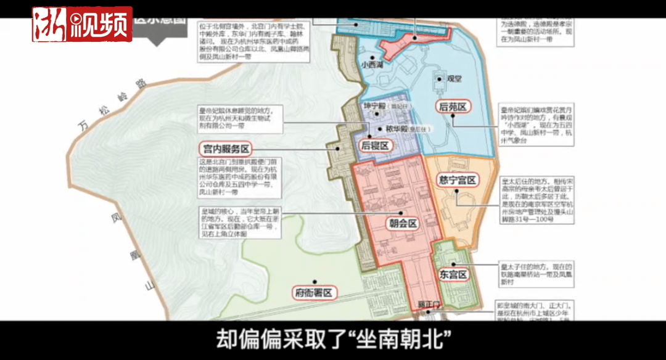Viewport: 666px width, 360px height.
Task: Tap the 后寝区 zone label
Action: pos(374,146)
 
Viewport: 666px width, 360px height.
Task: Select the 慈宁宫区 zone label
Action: pos(457,181)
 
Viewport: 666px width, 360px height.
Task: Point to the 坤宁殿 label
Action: pos(374,107)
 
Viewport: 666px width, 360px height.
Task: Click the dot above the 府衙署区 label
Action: pos(313,279)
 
